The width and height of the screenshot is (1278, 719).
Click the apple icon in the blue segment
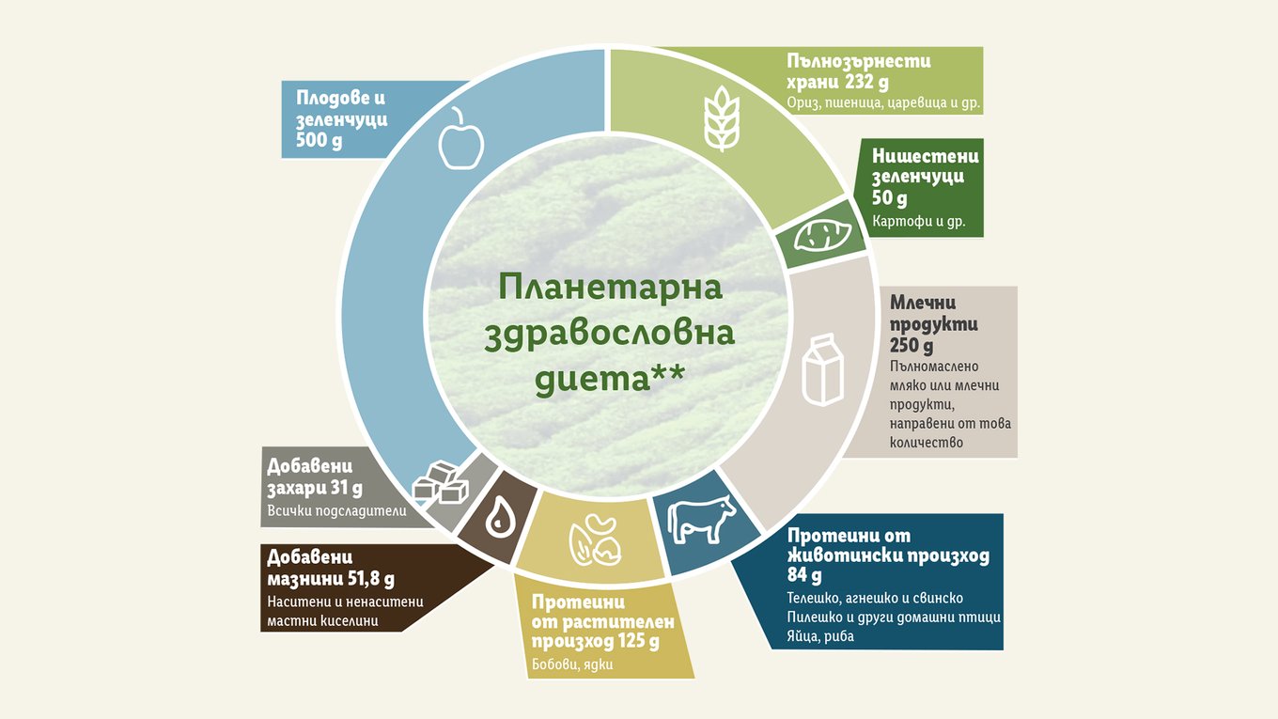coord(461,139)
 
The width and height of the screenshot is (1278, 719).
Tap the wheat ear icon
coord(722,118)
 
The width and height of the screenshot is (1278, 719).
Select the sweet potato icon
coord(823,235)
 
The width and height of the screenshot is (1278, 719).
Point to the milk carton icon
coord(822,369)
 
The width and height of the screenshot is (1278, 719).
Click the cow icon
coord(701,519)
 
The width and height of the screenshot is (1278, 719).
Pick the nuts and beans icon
coord(595,540)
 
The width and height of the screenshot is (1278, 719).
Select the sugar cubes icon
coord(441,483)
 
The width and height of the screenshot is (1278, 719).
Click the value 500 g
coord(319,140)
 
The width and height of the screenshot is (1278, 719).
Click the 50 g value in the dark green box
coord(889,198)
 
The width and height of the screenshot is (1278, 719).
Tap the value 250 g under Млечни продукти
coord(912,345)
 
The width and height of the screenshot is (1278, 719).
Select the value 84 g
coord(804,574)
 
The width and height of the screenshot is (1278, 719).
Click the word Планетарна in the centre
coord(611,287)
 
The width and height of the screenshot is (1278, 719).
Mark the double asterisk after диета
coord(668,373)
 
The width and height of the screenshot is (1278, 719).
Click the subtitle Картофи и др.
coord(919,222)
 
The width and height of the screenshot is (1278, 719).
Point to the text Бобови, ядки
coord(572,664)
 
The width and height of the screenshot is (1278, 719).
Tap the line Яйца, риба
coord(820,635)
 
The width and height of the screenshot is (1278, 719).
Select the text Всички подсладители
coord(336,510)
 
